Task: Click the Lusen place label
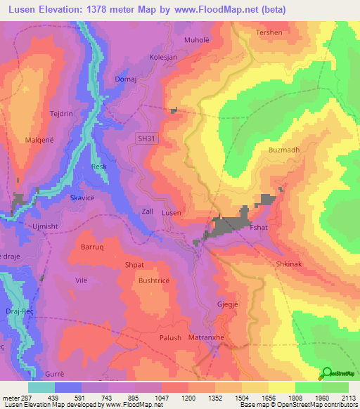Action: (172, 212)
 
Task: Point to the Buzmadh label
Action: (284, 150)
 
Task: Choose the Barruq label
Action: (92, 247)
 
